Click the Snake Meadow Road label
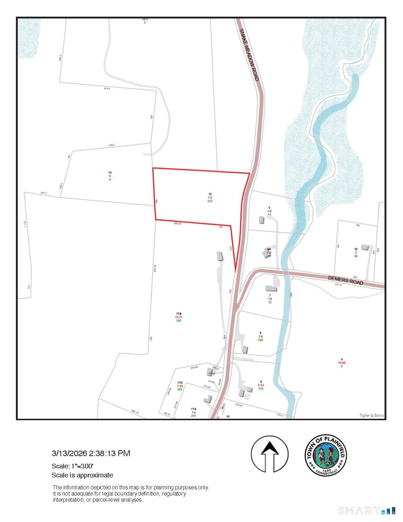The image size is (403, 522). [x=249, y=55]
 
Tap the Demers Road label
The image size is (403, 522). [x=345, y=280]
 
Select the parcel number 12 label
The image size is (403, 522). [x=210, y=194]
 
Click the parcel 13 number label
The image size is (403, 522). [x=110, y=173]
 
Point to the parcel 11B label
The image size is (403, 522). [x=179, y=314]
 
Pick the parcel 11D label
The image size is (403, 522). [x=180, y=383]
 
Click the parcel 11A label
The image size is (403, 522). [x=194, y=409]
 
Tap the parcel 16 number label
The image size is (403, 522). [x=356, y=249]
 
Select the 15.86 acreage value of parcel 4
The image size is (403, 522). [x=342, y=363]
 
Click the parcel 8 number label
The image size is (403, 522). [x=260, y=333]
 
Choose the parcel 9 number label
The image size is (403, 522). [x=261, y=381]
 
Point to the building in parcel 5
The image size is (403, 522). [x=262, y=220]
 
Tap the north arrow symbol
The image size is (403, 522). [x=270, y=454]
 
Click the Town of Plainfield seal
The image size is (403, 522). [x=326, y=455]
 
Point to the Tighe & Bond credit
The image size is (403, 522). [x=371, y=415]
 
